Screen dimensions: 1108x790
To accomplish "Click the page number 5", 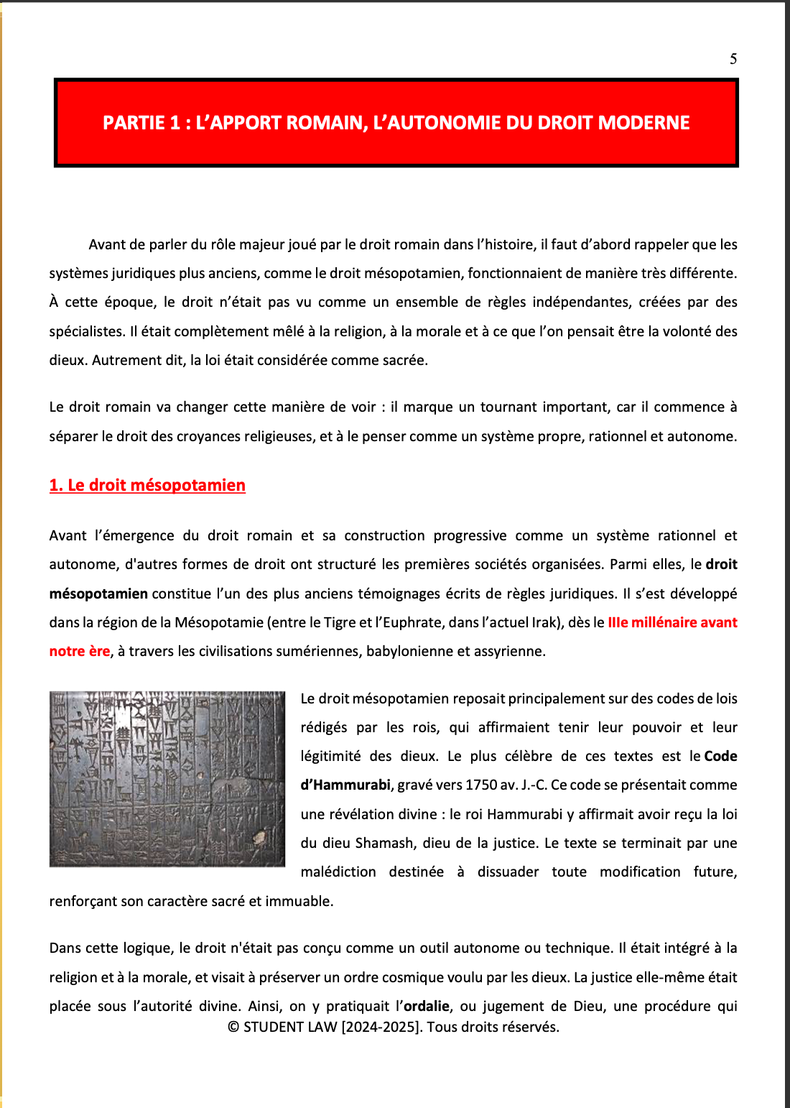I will [x=733, y=59].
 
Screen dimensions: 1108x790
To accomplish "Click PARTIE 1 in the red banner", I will [x=141, y=123].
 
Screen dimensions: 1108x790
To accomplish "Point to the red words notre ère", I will [x=79, y=652].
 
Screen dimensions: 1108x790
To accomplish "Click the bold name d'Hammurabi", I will [x=345, y=785].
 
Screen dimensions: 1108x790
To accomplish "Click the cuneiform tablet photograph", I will [x=167, y=779].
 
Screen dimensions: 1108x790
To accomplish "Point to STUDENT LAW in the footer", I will [x=290, y=1028].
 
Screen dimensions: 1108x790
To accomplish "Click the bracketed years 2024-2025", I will [x=381, y=1028].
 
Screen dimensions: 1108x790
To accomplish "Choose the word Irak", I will [x=544, y=623].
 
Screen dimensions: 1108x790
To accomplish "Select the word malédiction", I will [x=338, y=872].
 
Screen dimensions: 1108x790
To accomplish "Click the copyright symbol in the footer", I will [x=233, y=1028].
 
